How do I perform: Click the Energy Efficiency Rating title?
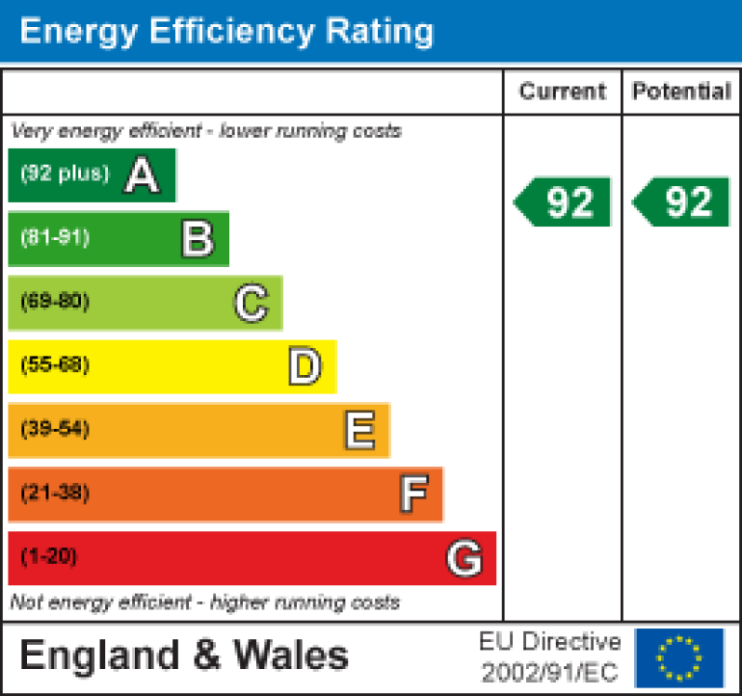click(x=226, y=32)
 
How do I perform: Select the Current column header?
click(x=563, y=92)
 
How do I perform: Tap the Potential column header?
click(x=681, y=92)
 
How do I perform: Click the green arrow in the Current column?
click(x=564, y=202)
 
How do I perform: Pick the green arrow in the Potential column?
click(x=682, y=202)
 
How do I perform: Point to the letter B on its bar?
click(x=197, y=239)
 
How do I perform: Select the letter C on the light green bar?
click(x=251, y=304)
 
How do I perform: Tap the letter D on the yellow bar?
click(x=305, y=367)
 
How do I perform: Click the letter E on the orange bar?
click(x=359, y=431)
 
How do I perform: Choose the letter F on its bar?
click(x=413, y=495)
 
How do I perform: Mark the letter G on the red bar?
click(x=464, y=558)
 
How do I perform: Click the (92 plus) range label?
click(x=65, y=174)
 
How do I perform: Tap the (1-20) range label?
click(x=48, y=557)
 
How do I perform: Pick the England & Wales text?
click(x=184, y=656)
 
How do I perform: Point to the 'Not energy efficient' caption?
click(x=204, y=603)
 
